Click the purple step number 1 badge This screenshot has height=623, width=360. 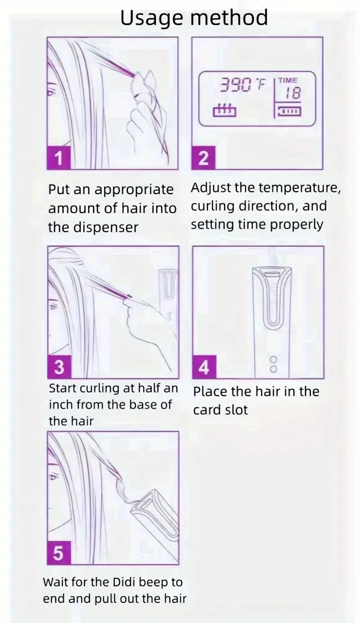coord(59,158)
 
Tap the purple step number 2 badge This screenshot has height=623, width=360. coord(203,158)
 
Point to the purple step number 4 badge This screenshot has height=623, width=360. coord(204,367)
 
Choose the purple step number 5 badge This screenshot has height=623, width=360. coord(58,553)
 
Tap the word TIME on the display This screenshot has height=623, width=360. coord(288,81)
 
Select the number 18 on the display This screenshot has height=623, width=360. coord(293,93)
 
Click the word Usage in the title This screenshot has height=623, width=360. coord(151,18)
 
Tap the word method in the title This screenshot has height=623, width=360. coord(229,18)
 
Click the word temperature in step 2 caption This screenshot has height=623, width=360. coord(299,188)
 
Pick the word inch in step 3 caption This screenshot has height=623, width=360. coord(62,404)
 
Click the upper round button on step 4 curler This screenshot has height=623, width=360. coord(273,360)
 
